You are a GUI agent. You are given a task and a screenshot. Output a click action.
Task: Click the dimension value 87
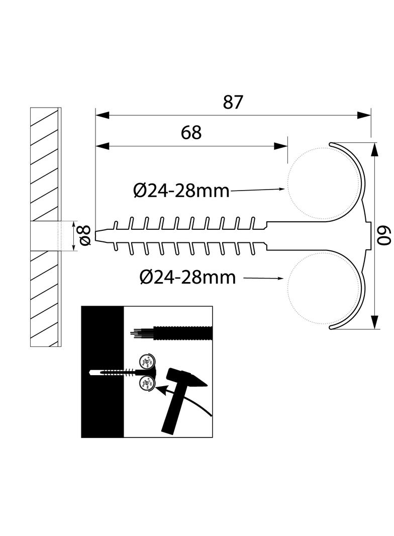[233, 102]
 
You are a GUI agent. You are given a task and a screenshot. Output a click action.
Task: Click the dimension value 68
[191, 133]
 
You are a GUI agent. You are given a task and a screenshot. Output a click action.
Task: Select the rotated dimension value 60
[383, 235]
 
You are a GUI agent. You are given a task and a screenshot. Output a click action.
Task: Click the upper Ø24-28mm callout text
[181, 191]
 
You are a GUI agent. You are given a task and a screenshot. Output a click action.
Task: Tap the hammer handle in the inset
[173, 412]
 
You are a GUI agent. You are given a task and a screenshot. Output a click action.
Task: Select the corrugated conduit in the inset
[183, 332]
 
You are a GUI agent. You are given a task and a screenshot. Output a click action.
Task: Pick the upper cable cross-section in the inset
[147, 361]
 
